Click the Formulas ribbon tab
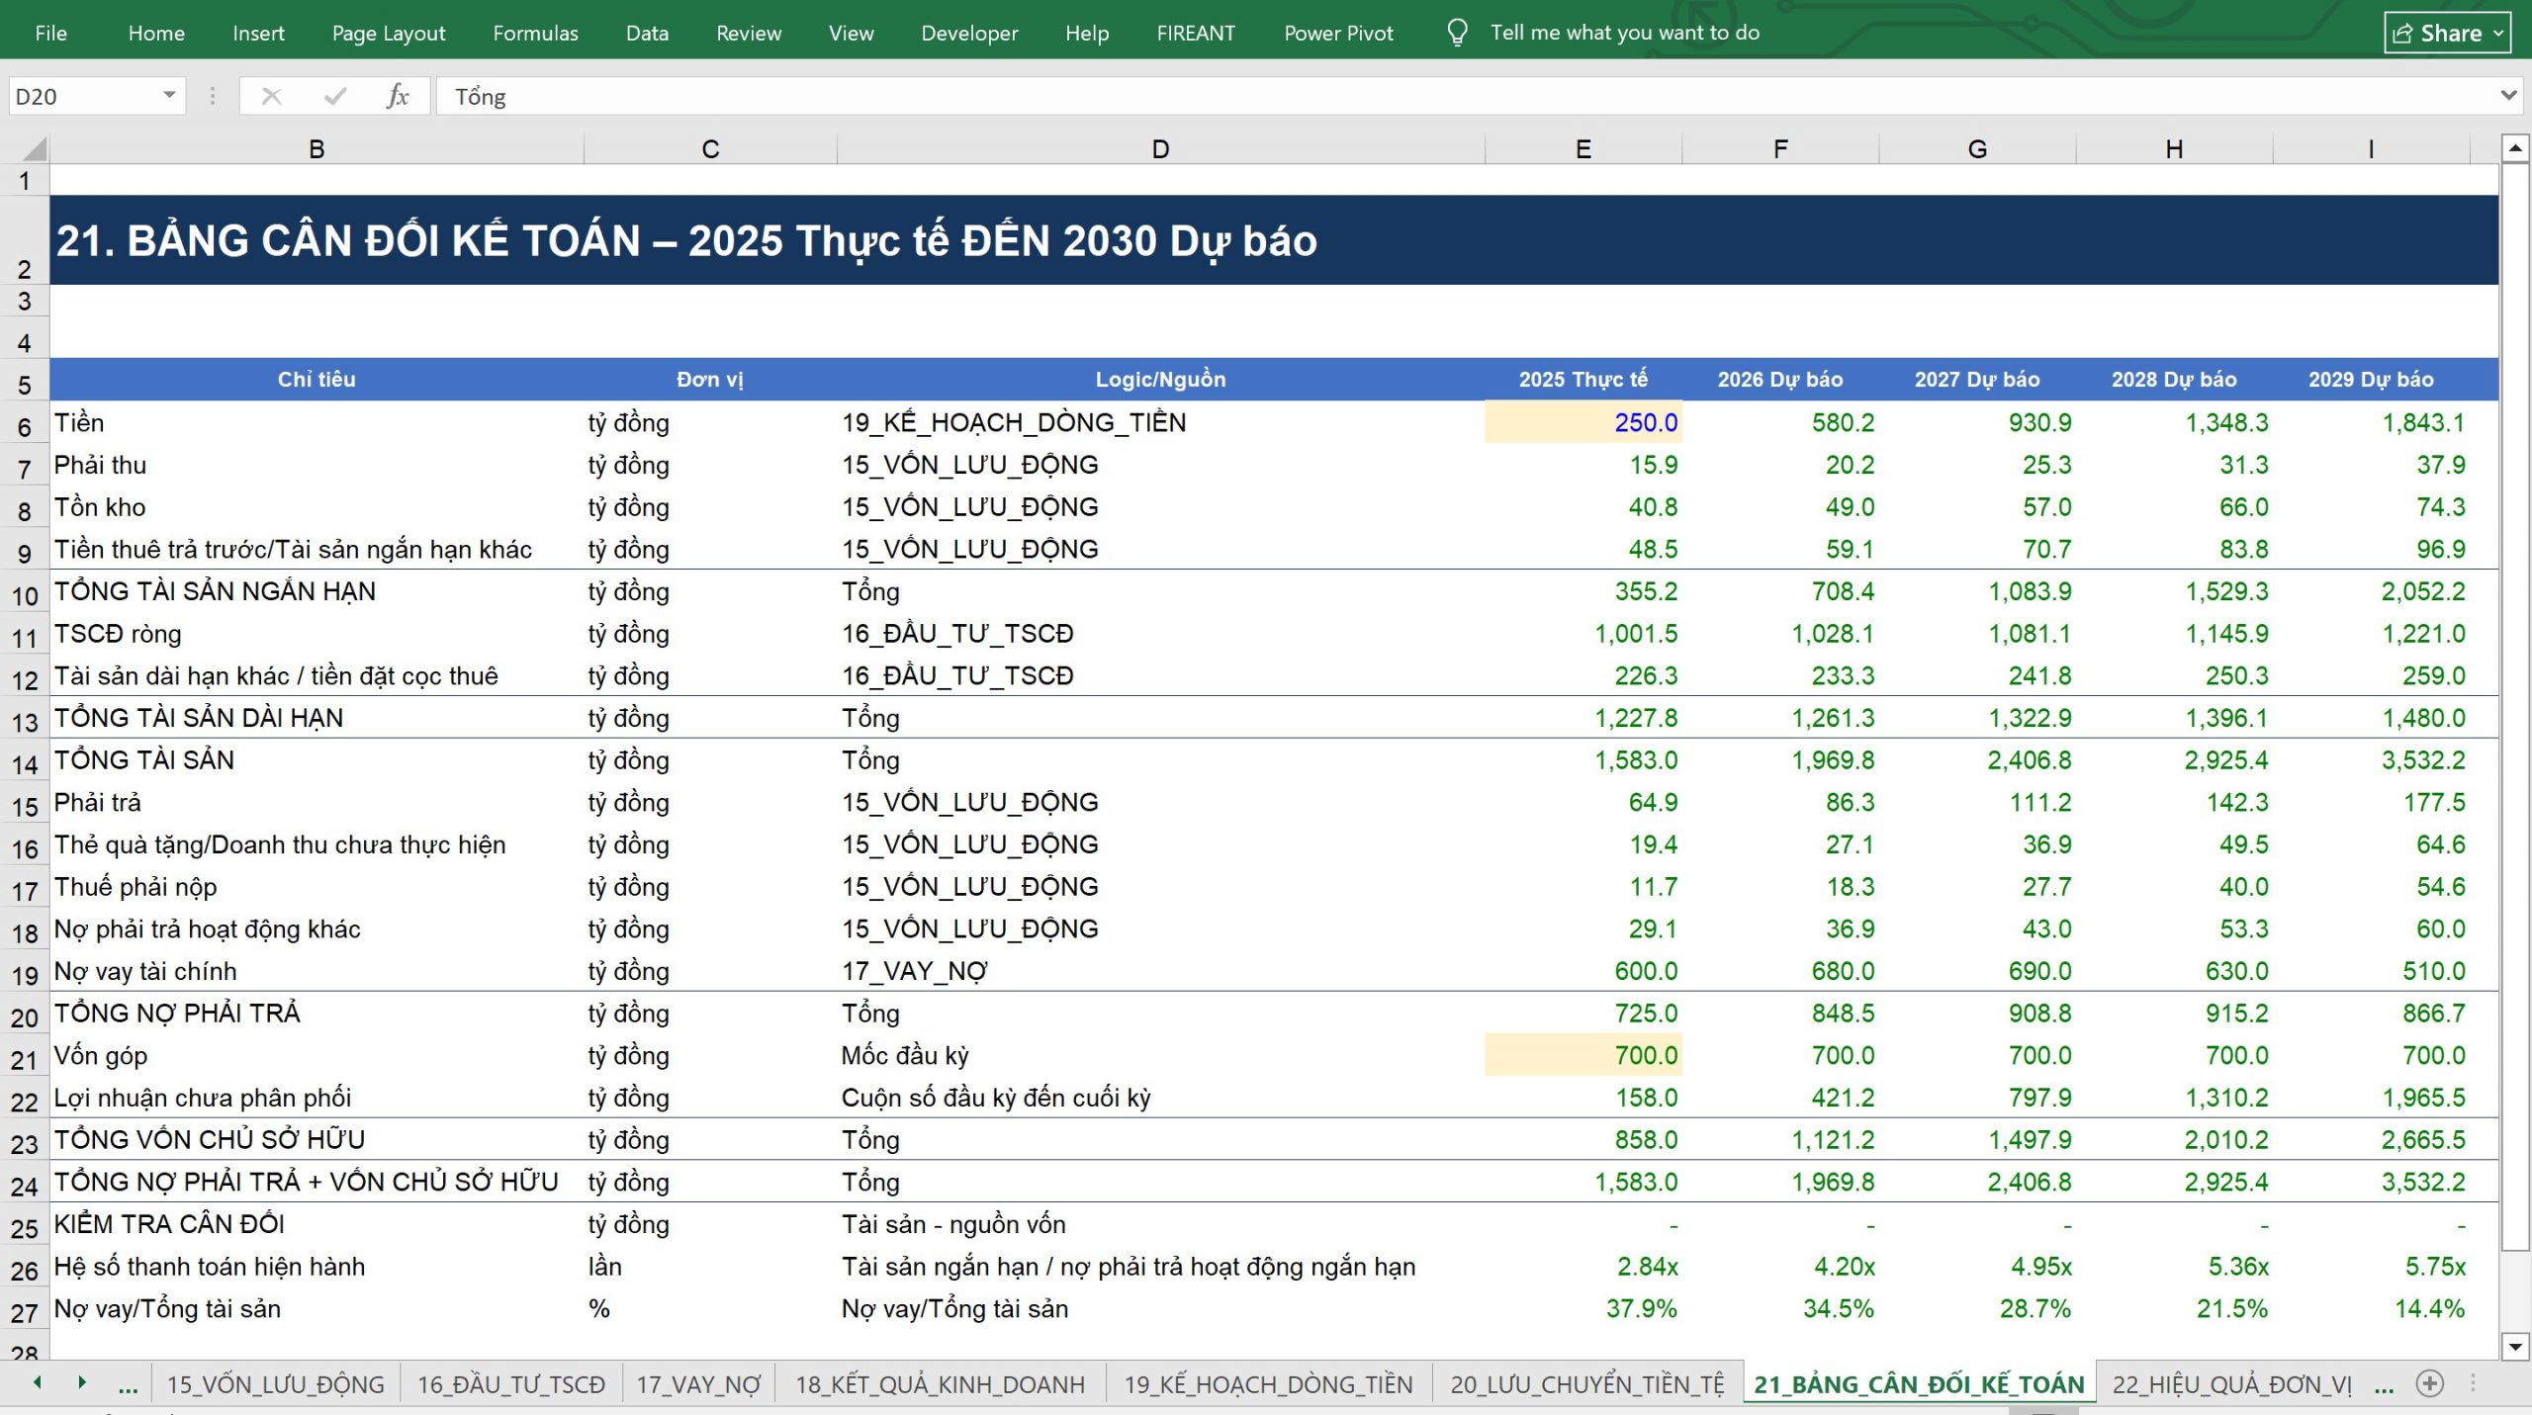[x=535, y=33]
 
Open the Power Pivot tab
[x=1338, y=33]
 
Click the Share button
[x=2447, y=33]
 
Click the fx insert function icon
[x=398, y=96]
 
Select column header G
[x=1977, y=149]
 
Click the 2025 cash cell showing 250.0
[x=1583, y=422]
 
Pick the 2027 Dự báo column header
[x=1977, y=380]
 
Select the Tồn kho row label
[x=100, y=507]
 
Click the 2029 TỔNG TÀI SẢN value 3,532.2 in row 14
[x=2423, y=760]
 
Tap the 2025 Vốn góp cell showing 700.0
[x=1583, y=1055]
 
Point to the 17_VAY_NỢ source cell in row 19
[x=914, y=971]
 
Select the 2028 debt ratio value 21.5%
[x=2232, y=1309]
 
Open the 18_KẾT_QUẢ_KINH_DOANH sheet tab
[x=940, y=1384]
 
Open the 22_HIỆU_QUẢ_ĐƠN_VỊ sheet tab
[x=2231, y=1384]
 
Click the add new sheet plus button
[x=2429, y=1383]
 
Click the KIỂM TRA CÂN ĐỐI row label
[x=169, y=1224]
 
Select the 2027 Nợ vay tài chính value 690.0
[x=2039, y=971]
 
